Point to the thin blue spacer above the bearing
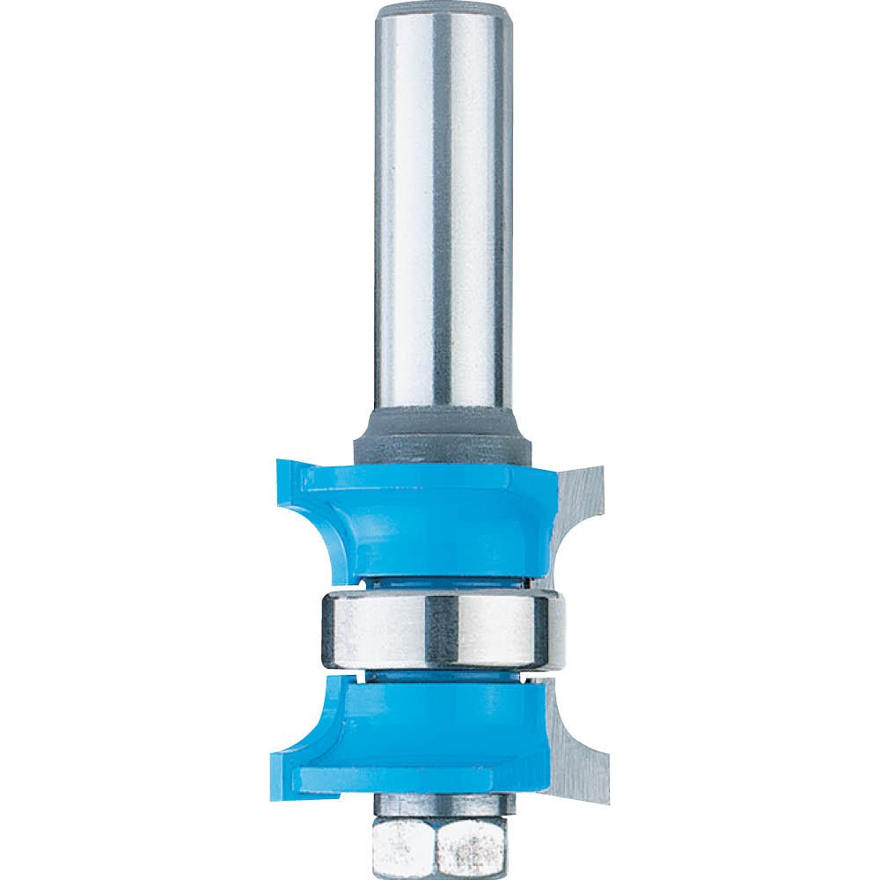tap(440, 582)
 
